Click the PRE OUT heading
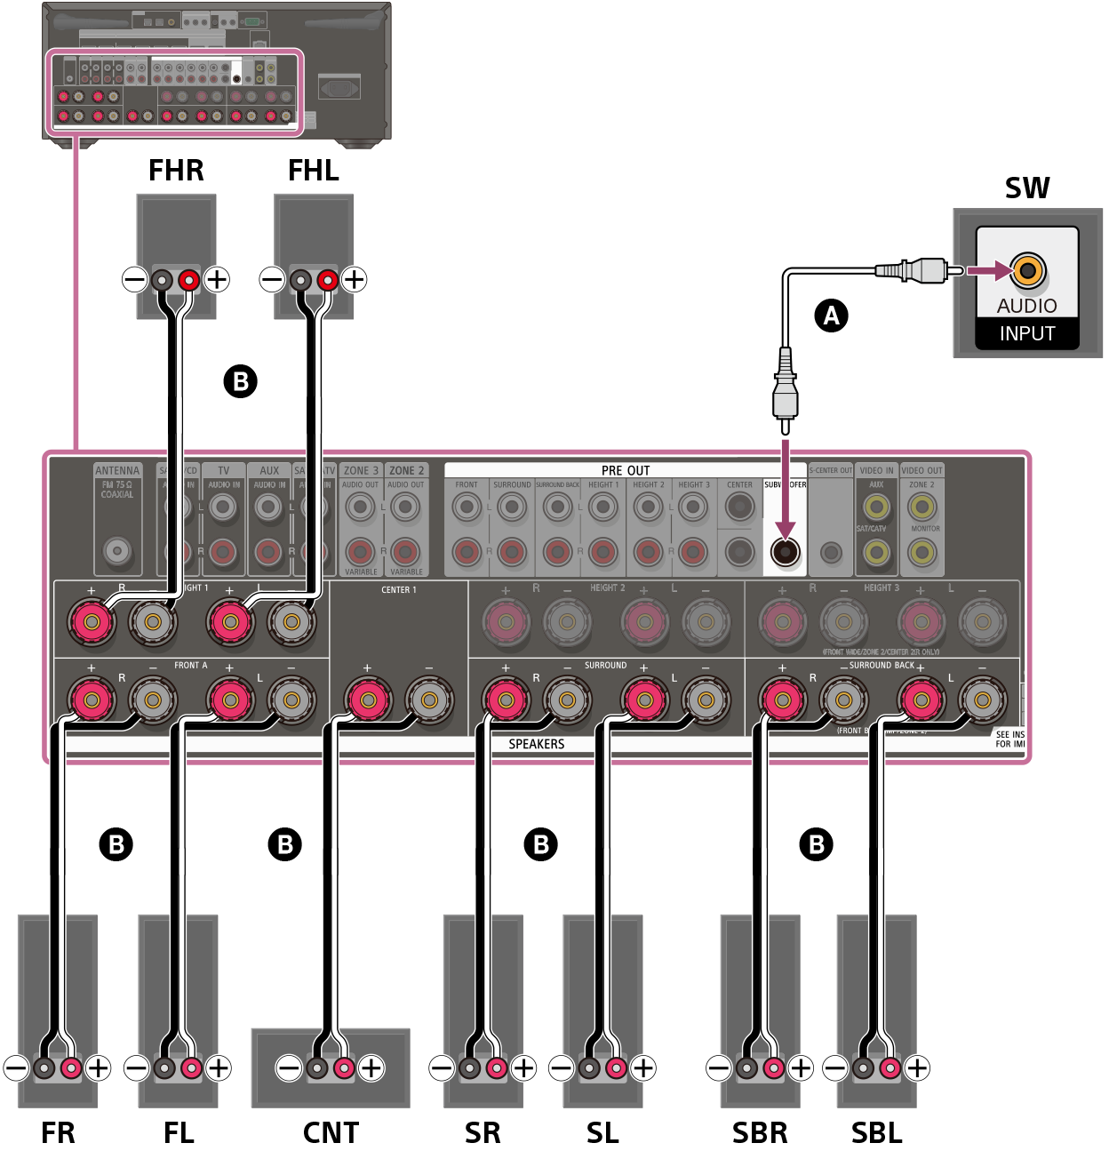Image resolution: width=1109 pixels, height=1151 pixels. click(x=625, y=470)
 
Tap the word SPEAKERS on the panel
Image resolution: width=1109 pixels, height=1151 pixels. click(x=536, y=744)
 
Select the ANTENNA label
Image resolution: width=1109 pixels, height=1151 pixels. click(x=117, y=471)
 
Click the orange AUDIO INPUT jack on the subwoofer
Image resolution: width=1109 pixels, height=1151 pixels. click(x=1027, y=270)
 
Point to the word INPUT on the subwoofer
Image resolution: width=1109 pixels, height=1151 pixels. click(x=1026, y=334)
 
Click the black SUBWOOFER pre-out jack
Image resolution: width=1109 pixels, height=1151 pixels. click(x=785, y=552)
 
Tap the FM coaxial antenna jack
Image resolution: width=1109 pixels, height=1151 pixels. click(x=117, y=551)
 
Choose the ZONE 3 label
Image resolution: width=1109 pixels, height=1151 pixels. click(x=361, y=471)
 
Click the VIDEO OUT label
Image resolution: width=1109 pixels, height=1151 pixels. click(x=922, y=471)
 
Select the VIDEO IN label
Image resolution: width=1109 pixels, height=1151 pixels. click(x=876, y=471)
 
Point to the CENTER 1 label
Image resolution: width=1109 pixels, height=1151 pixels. click(x=398, y=590)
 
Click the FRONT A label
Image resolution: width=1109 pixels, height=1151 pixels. click(x=190, y=666)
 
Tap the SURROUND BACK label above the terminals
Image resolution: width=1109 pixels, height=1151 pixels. click(x=881, y=666)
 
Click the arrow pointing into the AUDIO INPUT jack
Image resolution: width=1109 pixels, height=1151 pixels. click(x=986, y=270)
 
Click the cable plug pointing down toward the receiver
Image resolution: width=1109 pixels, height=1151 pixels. click(x=785, y=387)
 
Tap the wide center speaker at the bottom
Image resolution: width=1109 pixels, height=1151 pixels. click(x=330, y=1067)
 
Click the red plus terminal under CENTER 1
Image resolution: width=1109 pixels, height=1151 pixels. click(x=367, y=701)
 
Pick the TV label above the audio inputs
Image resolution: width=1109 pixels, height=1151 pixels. click(x=224, y=471)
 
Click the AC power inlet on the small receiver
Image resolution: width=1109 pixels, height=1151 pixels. click(x=339, y=87)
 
